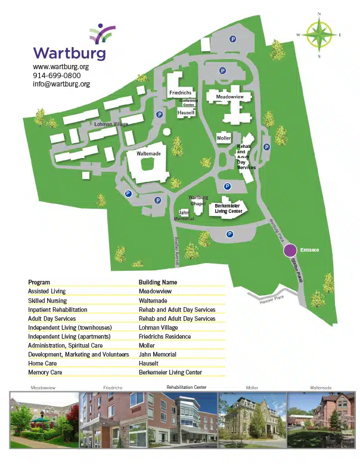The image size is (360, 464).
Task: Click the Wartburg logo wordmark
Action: point(69,53)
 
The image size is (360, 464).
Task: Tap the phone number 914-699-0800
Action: point(57,76)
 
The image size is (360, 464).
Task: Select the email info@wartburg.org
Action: point(61,84)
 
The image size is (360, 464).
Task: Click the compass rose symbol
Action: point(319,35)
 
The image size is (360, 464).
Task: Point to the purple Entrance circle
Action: point(290,250)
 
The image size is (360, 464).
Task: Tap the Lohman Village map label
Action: point(111,124)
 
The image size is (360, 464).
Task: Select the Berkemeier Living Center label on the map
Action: point(228,208)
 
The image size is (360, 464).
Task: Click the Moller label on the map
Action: point(224,138)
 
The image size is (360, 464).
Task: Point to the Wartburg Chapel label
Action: point(197,200)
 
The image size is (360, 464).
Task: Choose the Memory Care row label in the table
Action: point(45,372)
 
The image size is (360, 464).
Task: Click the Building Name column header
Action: point(158,282)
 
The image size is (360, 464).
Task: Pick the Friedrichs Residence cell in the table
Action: point(165,336)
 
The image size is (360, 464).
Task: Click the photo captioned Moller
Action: point(252,419)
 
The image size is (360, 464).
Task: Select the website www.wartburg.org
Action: point(61,67)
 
